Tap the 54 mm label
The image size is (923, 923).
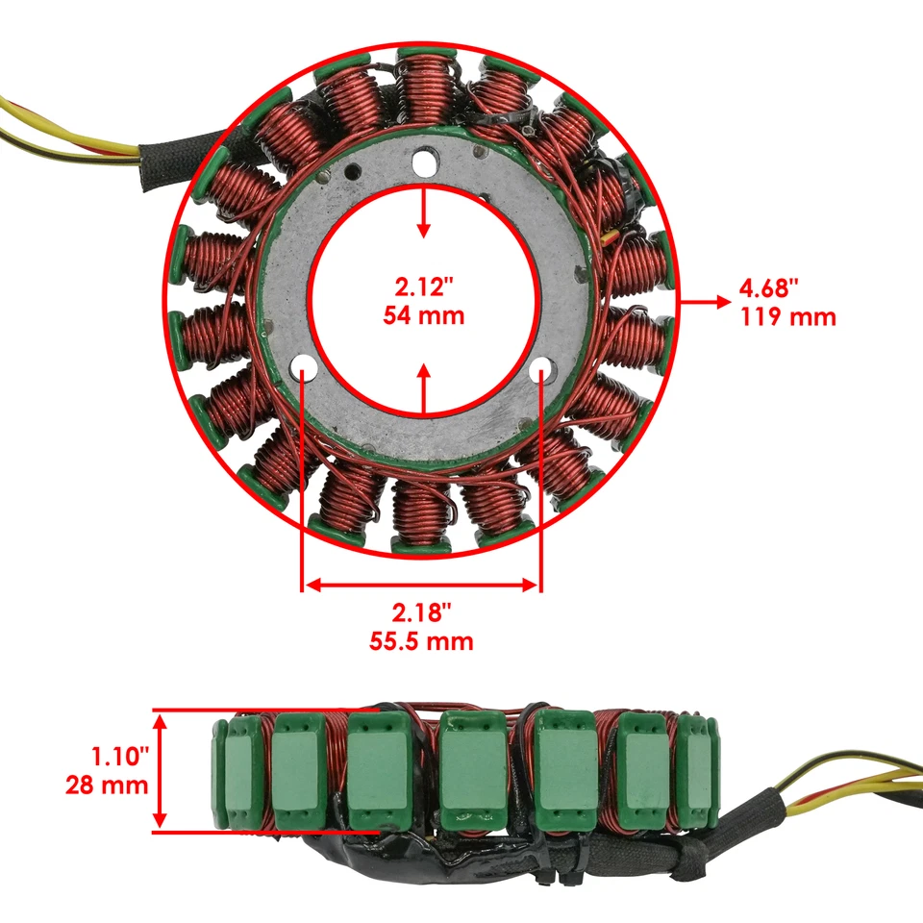coord(423,314)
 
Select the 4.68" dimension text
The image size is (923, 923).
coord(769,287)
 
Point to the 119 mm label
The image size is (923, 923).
coord(787,316)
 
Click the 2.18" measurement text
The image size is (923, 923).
coord(421,612)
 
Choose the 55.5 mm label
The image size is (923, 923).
coord(421,641)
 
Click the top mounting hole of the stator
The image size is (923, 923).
coord(424,164)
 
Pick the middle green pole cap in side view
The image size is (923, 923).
coord(472,766)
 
